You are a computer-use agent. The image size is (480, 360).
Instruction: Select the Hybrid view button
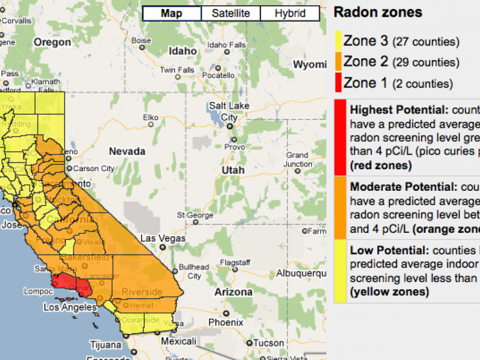pos(289,14)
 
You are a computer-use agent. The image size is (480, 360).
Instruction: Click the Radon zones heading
pos(377,12)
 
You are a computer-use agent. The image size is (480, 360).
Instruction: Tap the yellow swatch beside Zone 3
pos(338,41)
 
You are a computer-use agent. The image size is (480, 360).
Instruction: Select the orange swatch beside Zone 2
pos(338,62)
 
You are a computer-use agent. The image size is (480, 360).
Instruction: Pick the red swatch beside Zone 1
pos(338,83)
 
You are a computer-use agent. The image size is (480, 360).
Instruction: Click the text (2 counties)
pos(423,84)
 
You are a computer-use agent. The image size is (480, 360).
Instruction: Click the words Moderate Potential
pos(403,187)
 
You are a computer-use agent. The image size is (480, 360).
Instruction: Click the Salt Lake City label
pos(229,112)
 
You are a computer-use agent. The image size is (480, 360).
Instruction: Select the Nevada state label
pos(127,151)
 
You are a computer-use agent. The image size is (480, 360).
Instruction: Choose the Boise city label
pos(141,41)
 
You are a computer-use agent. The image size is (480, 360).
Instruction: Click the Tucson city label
pos(268,343)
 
